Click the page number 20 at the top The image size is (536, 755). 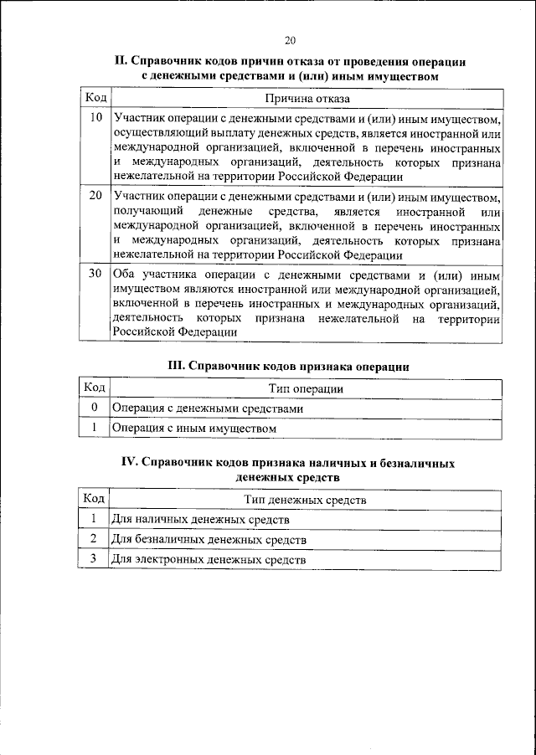290,39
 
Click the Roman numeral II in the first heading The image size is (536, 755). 120,62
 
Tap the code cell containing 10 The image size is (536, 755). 95,118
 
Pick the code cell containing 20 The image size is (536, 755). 95,196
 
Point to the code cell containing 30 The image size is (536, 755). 95,274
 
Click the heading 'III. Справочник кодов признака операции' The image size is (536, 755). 289,366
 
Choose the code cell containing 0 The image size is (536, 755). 95,408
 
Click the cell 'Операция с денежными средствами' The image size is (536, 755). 207,408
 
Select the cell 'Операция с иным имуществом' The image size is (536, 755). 193,428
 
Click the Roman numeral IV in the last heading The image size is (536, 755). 132,462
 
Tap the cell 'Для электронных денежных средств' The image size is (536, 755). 209,559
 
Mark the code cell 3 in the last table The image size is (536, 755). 95,558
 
